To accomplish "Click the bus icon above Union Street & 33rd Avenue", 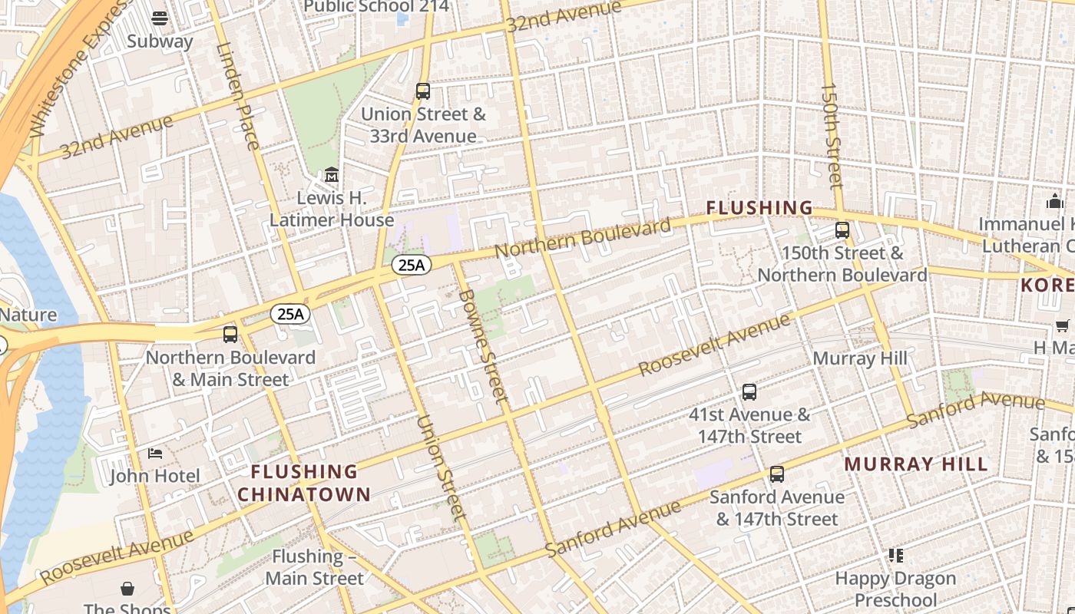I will [423, 91].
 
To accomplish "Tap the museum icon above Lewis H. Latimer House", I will [332, 176].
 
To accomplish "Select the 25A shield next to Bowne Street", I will [412, 266].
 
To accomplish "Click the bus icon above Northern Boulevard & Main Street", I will [230, 335].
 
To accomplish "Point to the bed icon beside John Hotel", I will [155, 454].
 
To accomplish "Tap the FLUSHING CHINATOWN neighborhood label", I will [304, 483].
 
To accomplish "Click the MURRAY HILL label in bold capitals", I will [916, 464].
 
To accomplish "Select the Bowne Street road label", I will [483, 345].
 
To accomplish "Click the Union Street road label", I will [441, 467].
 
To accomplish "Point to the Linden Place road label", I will [238, 96].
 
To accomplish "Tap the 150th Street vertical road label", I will [832, 135].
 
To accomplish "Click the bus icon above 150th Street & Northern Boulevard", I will [842, 230].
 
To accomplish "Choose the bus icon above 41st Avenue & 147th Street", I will [749, 392].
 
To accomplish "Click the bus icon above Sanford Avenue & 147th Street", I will [777, 474].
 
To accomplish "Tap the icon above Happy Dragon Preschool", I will [895, 555].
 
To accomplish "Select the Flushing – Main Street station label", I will [315, 567].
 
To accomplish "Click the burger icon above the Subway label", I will [160, 18].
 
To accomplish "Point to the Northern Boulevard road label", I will [583, 238].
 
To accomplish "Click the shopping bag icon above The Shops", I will [127, 589].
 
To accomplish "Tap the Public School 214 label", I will [376, 7].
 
